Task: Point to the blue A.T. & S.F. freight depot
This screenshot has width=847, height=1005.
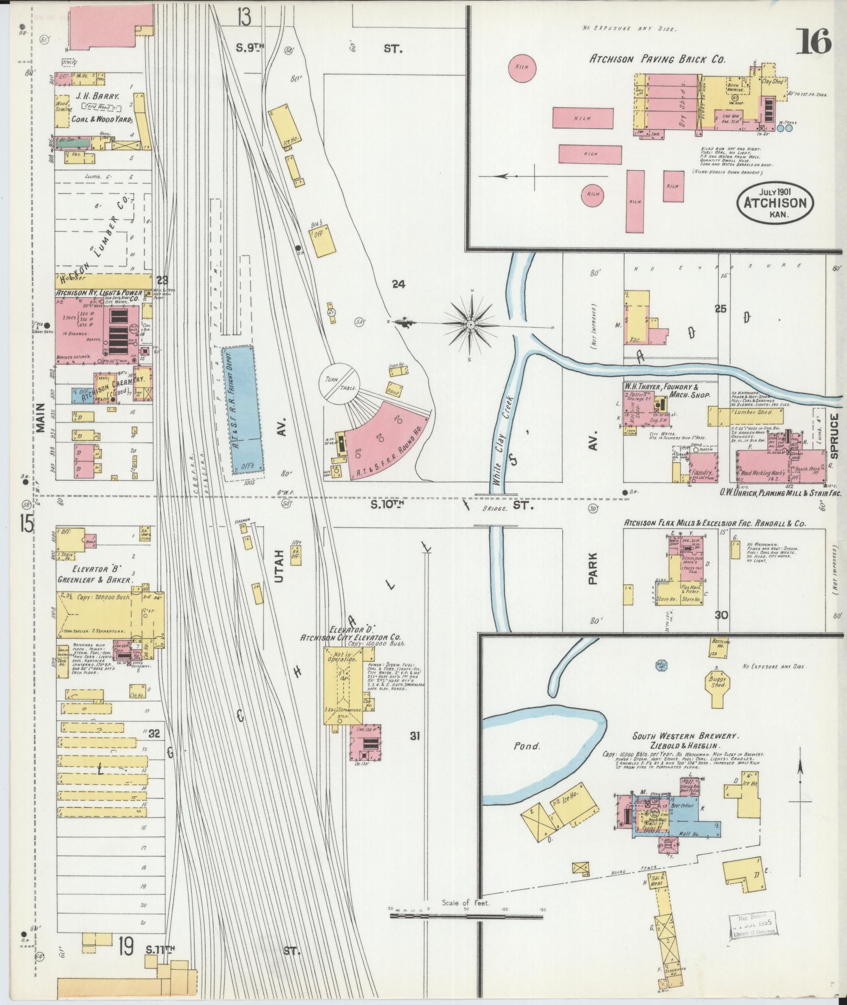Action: (243, 410)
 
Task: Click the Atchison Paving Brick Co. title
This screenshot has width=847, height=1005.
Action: (657, 59)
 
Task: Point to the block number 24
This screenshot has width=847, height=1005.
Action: (399, 284)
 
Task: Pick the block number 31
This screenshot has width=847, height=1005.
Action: (415, 736)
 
